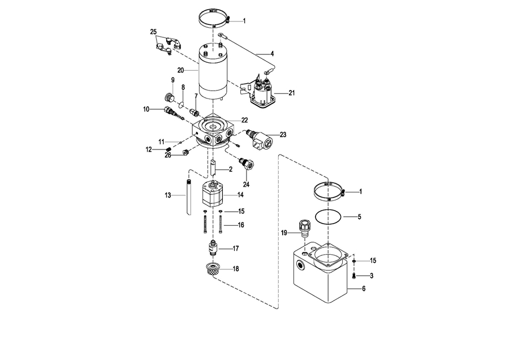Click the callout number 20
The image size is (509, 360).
tap(180, 70)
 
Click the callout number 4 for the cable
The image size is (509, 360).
tap(272, 54)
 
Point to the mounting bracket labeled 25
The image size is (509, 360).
tap(169, 46)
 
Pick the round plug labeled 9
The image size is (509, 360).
tap(169, 97)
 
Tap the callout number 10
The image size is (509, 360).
tap(146, 109)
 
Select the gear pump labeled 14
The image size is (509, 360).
tap(213, 194)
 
